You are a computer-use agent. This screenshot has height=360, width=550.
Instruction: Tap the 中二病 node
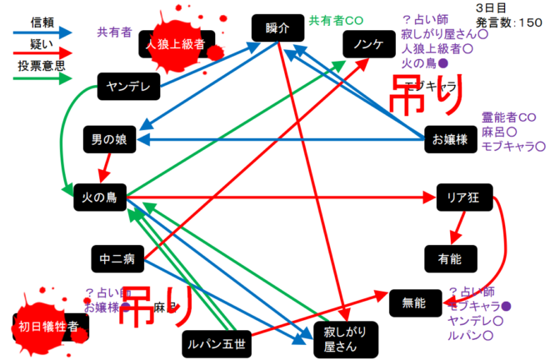tap(117, 259)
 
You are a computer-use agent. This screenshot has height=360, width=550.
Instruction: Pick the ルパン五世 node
tap(216, 342)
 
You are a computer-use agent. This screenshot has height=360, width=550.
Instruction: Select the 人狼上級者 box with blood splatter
tap(176, 44)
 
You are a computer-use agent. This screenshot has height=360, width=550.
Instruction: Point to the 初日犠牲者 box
tap(49, 327)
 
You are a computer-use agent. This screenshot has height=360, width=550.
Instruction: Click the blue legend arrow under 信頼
tap(42, 32)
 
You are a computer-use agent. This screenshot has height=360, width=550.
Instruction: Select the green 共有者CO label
tap(336, 19)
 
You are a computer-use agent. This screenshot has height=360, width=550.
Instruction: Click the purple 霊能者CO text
tap(508, 117)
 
